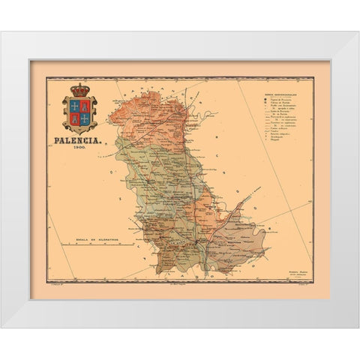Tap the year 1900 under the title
(x=80, y=148)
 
